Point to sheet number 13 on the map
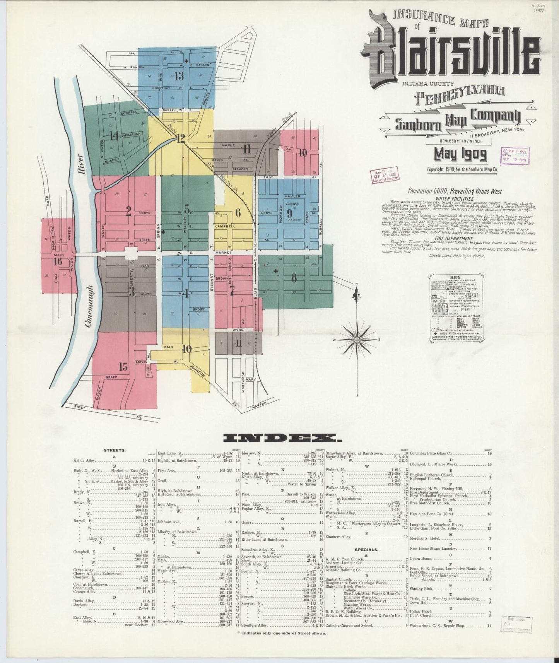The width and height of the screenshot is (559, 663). [179, 76]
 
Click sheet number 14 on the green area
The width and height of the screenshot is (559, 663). [114, 136]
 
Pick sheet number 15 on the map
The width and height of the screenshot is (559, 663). [123, 366]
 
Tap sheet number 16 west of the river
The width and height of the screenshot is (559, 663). [58, 261]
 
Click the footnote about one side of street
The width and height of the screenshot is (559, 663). [282, 633]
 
